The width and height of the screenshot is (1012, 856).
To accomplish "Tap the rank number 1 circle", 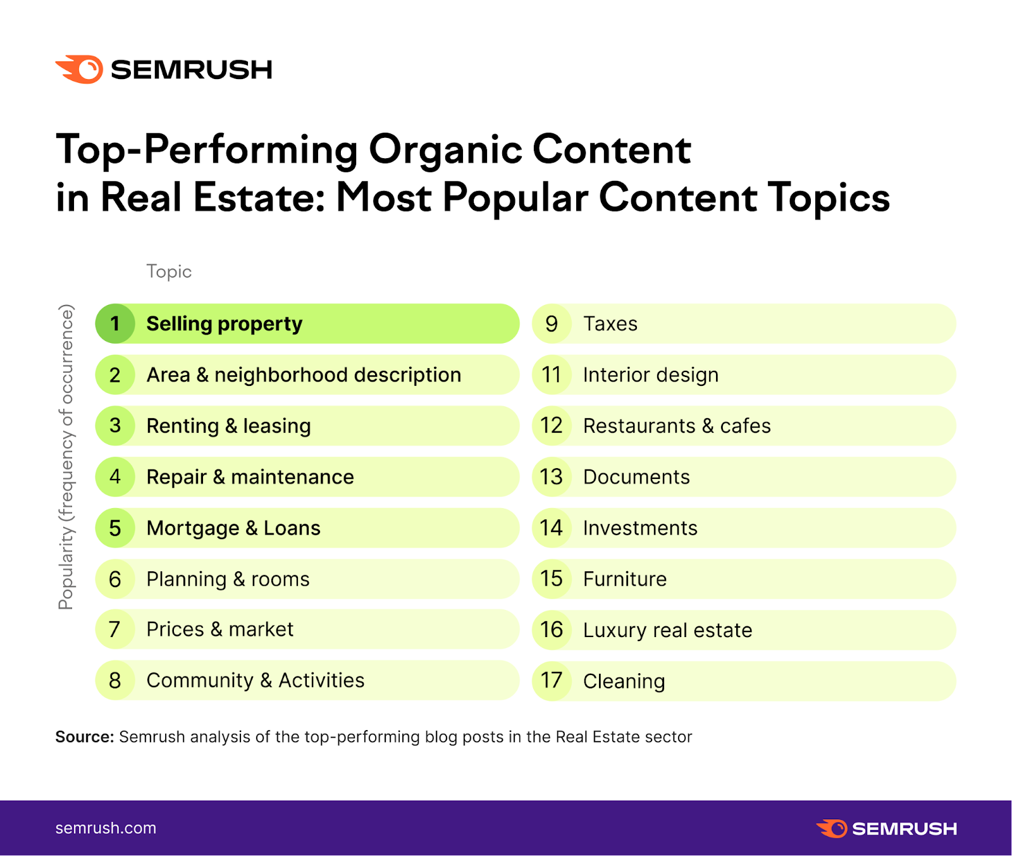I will [x=115, y=324].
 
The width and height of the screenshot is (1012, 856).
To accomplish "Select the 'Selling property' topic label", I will [x=224, y=324].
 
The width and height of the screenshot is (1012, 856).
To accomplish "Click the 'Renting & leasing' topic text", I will [x=228, y=426].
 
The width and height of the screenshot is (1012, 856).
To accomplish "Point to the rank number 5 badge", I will [x=115, y=528].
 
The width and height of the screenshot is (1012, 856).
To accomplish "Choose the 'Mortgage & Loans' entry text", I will [x=233, y=528].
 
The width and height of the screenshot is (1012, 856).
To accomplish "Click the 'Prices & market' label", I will [x=219, y=630].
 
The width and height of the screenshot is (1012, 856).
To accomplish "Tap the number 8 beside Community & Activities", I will [x=115, y=680].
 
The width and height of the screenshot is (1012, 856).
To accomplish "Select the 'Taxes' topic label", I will [x=610, y=324].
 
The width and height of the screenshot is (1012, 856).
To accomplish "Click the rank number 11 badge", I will [x=552, y=375].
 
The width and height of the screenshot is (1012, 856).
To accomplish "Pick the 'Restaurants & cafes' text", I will [x=677, y=426].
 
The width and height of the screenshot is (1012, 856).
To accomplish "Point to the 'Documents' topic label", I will [x=636, y=477].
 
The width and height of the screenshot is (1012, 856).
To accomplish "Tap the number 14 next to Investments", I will [x=552, y=528].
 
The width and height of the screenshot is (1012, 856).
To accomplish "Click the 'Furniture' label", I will [x=625, y=579].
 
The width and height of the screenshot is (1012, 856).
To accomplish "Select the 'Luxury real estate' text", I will [x=667, y=630].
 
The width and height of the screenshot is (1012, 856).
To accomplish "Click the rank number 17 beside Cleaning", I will [x=552, y=681].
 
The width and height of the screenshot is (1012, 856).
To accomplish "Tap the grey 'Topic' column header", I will [x=169, y=271].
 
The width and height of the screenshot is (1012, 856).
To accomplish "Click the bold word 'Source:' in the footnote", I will [x=84, y=737].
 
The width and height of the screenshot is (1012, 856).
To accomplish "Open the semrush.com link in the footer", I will [x=106, y=828].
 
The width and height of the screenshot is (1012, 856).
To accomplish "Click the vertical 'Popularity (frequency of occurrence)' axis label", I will [x=66, y=457].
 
